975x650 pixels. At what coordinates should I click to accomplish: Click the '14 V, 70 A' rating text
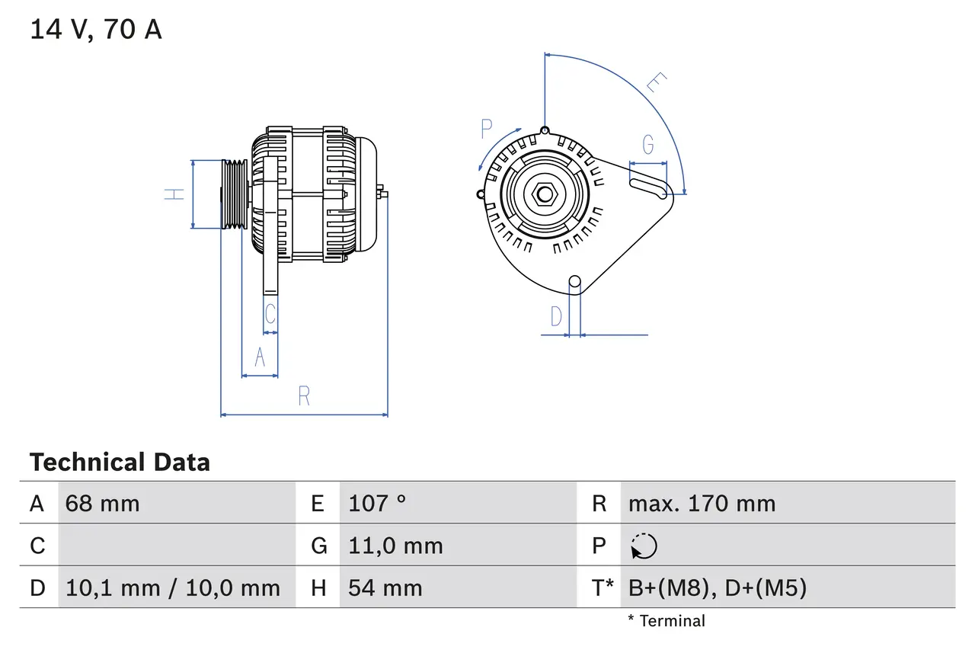[96, 30]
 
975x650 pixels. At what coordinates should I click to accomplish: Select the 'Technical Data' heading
[120, 463]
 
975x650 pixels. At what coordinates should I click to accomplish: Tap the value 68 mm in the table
[103, 504]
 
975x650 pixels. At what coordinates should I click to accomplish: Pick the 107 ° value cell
[377, 504]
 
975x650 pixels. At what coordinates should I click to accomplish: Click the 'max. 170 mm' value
[702, 504]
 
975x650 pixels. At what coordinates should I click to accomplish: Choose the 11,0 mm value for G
[395, 546]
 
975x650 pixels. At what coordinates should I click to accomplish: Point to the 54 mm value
[385, 588]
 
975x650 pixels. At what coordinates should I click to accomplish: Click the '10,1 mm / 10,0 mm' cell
[173, 588]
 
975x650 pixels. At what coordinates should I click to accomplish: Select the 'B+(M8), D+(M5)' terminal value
[717, 588]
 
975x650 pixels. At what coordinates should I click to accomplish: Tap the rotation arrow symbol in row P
[644, 546]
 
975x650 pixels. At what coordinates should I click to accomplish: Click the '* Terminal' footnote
[667, 621]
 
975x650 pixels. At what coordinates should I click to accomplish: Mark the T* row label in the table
[603, 588]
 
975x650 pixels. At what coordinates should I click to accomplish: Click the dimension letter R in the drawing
[304, 396]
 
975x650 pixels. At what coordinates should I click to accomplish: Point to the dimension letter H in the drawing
[175, 194]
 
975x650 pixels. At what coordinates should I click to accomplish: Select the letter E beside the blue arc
[656, 83]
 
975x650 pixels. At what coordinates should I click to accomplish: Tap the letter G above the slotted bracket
[648, 144]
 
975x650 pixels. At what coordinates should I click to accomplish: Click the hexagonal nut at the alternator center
[544, 194]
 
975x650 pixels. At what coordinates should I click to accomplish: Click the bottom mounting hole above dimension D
[575, 283]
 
